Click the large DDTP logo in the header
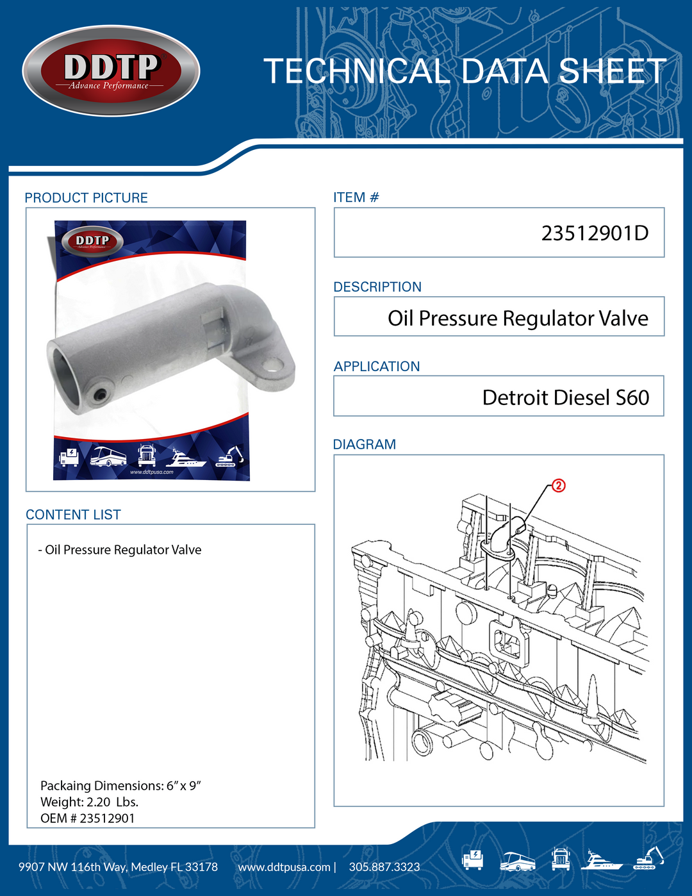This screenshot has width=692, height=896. [111, 71]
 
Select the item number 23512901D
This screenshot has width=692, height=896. [595, 233]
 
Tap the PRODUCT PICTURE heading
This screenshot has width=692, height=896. [86, 198]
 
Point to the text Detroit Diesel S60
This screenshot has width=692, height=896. [566, 397]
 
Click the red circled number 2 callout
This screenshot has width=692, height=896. [559, 486]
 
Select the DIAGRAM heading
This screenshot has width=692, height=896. [365, 445]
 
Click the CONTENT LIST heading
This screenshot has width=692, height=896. [73, 515]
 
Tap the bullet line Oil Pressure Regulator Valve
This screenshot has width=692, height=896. [120, 550]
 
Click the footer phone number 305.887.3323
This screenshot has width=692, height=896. [384, 867]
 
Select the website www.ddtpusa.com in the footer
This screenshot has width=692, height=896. [284, 867]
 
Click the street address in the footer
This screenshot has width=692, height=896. [119, 867]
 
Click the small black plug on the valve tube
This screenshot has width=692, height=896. [99, 395]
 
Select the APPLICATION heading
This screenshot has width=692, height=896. [376, 367]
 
